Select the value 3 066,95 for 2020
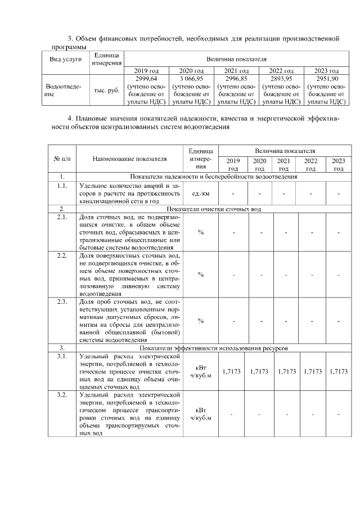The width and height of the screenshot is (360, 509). point(191,79)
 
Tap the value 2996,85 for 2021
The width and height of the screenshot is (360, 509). point(236,79)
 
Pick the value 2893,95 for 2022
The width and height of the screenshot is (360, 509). point(281,79)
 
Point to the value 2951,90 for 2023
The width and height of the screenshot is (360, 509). point(326,79)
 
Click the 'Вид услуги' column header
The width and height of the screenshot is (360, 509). point(65,58)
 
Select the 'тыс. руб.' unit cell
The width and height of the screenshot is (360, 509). point(106,90)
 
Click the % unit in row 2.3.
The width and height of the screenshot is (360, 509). point(201,321)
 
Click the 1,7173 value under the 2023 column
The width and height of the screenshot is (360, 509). point(339,372)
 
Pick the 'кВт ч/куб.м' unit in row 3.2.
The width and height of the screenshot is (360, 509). point(201,415)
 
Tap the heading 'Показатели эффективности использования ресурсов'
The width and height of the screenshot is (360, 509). point(214,348)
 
